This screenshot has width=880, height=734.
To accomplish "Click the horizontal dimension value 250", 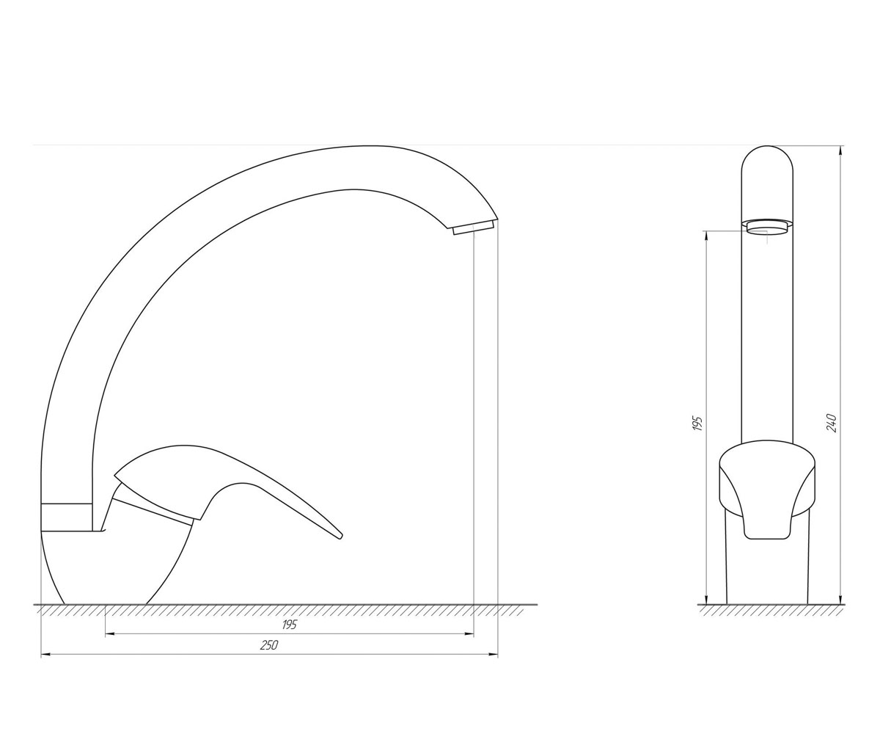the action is (269, 645).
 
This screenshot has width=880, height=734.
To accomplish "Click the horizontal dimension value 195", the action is (289, 625).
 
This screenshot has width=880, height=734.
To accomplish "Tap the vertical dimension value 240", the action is (832, 423).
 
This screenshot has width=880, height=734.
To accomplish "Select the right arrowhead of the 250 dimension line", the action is (493, 654).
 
